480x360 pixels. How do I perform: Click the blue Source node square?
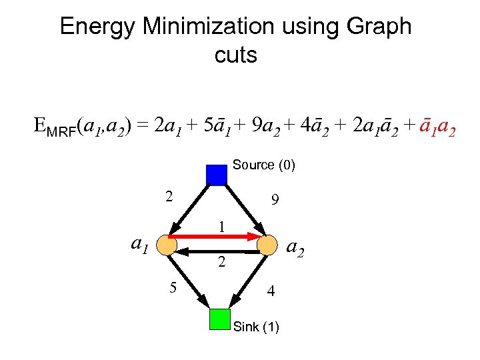pos(217,174)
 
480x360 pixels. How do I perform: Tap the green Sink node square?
pos(219,319)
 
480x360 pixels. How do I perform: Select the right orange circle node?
pos(267,245)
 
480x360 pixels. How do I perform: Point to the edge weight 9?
pos(275,199)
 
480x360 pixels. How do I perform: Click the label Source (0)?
pos(264,165)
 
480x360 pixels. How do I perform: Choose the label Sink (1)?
pos(257,327)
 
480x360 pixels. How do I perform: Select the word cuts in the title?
pos(236,55)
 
